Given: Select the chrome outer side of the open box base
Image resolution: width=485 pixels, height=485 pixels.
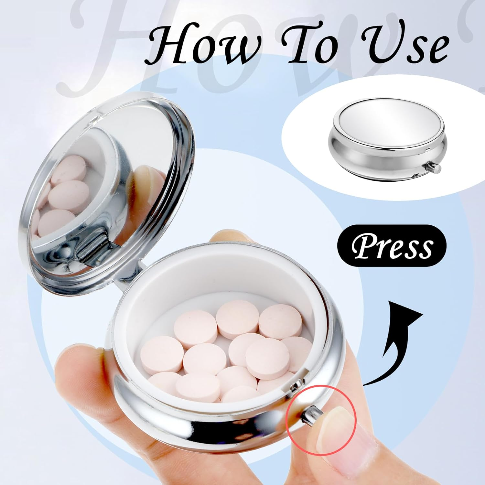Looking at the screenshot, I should point(194,424).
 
